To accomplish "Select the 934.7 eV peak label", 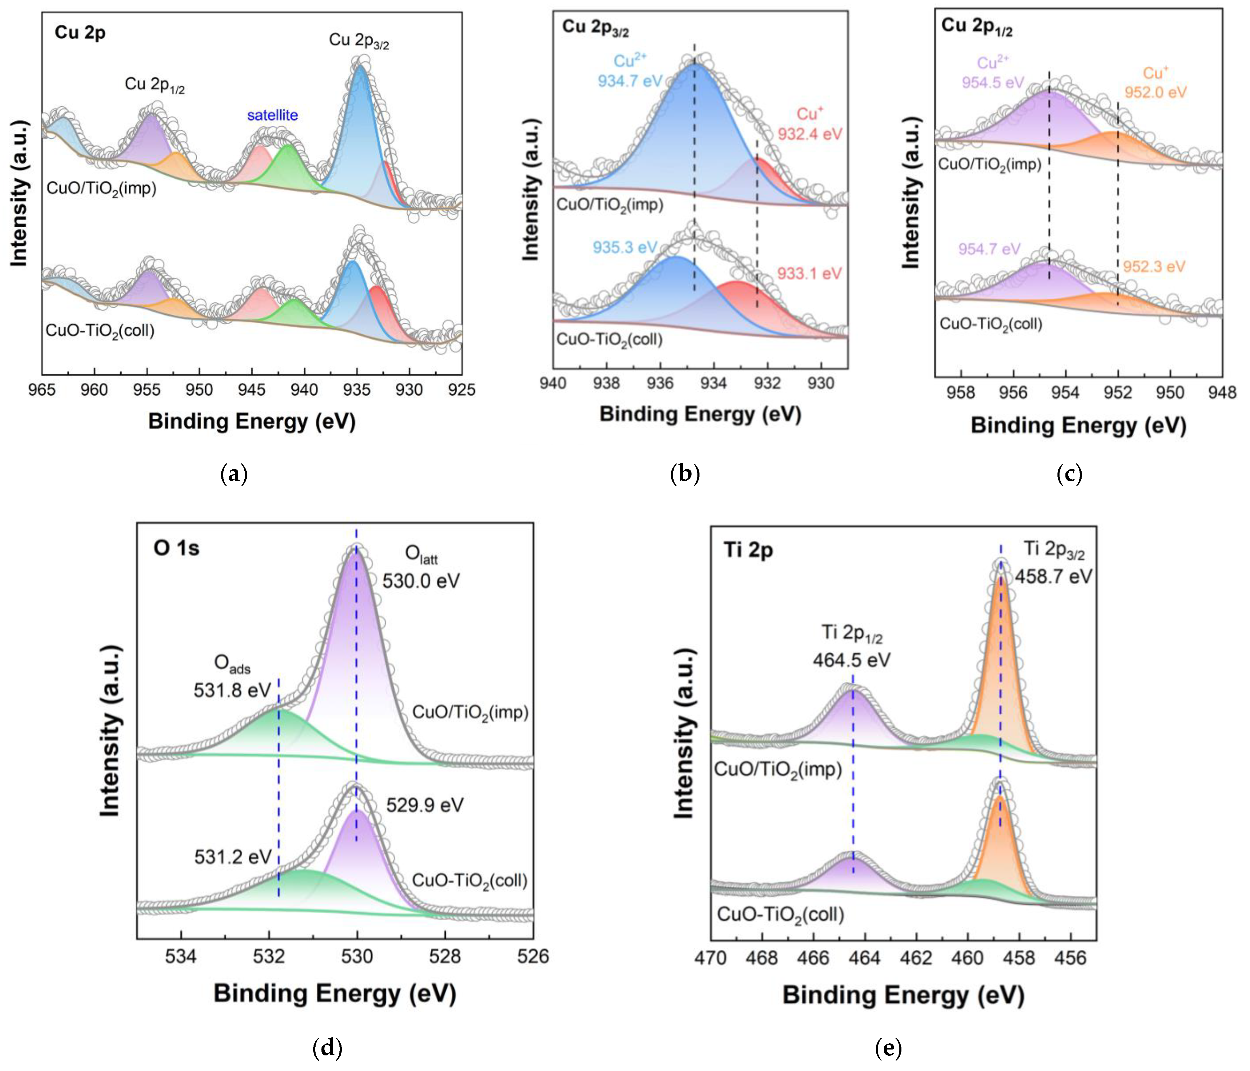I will [x=630, y=80].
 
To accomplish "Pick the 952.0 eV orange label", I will [x=1155, y=92].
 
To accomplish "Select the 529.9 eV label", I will [x=425, y=805].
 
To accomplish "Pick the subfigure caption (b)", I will [x=685, y=474].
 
